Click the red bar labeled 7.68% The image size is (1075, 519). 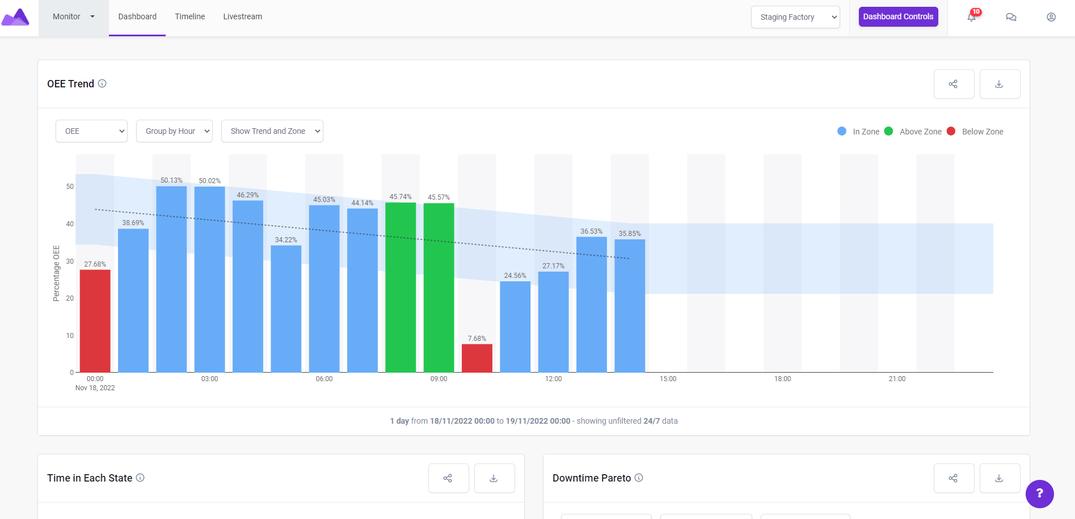[x=477, y=358]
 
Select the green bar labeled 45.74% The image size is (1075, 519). [x=401, y=287]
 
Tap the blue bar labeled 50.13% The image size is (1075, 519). [x=171, y=279]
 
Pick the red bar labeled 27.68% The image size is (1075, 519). [x=95, y=320]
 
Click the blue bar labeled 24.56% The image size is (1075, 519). [x=515, y=327]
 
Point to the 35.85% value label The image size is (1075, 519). [x=630, y=234]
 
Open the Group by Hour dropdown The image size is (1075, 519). [x=174, y=131]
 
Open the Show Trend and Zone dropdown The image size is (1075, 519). [x=272, y=131]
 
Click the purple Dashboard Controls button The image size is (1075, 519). [x=898, y=16]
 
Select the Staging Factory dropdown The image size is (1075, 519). [x=795, y=17]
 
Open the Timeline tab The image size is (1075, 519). [x=190, y=16]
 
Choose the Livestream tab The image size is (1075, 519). [x=242, y=16]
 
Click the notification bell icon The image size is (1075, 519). [x=972, y=17]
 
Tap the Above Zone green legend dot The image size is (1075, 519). [x=888, y=131]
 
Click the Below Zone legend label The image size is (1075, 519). [x=983, y=132]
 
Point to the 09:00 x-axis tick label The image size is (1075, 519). [x=439, y=379]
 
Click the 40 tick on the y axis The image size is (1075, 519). [x=70, y=224]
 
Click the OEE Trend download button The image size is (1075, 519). [x=1000, y=84]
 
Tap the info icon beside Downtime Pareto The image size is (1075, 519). [x=639, y=478]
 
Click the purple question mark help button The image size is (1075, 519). [x=1039, y=493]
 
